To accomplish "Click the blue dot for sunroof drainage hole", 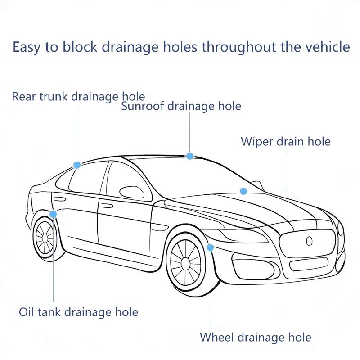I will tap(190, 156).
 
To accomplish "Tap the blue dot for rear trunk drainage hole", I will tap(77, 165).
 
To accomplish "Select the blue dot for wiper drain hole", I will tap(243, 191).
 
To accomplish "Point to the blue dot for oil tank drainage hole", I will tap(53, 214).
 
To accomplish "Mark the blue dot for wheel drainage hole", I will tap(210, 247).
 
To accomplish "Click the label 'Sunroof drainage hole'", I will tap(181, 106).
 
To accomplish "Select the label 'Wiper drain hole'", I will tap(285, 141).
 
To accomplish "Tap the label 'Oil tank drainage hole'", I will tap(78, 311).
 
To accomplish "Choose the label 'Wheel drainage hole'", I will tap(255, 337).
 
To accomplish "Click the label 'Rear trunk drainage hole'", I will tap(78, 96).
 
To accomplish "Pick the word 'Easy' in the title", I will tap(27, 47).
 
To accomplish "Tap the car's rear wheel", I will tap(45, 237).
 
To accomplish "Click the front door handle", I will tap(107, 206).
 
